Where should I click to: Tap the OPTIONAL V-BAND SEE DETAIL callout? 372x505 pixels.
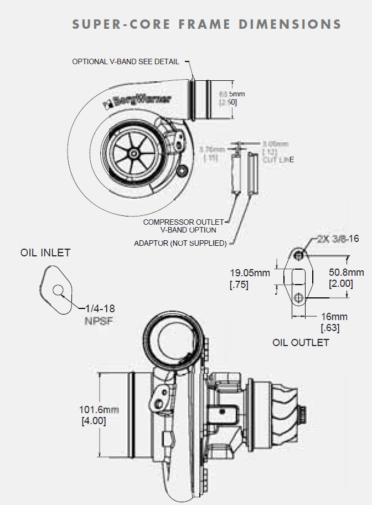tap(127, 61)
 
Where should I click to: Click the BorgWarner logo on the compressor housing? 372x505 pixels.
tap(136, 100)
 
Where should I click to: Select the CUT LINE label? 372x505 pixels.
tap(278, 159)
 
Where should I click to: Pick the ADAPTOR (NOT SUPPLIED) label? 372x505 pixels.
tap(180, 243)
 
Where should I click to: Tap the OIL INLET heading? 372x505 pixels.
tap(45, 253)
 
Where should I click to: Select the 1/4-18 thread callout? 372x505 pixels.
tap(100, 308)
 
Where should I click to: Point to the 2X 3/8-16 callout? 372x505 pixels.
tap(338, 239)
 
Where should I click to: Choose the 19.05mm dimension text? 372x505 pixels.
tap(250, 272)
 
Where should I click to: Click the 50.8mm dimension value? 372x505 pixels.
tap(346, 272)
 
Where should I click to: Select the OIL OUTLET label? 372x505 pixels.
tap(301, 342)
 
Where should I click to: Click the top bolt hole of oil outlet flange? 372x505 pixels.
tap(299, 254)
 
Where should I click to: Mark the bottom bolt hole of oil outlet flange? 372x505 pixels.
tap(299, 298)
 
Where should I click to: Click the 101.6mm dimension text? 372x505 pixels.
tap(100, 410)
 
